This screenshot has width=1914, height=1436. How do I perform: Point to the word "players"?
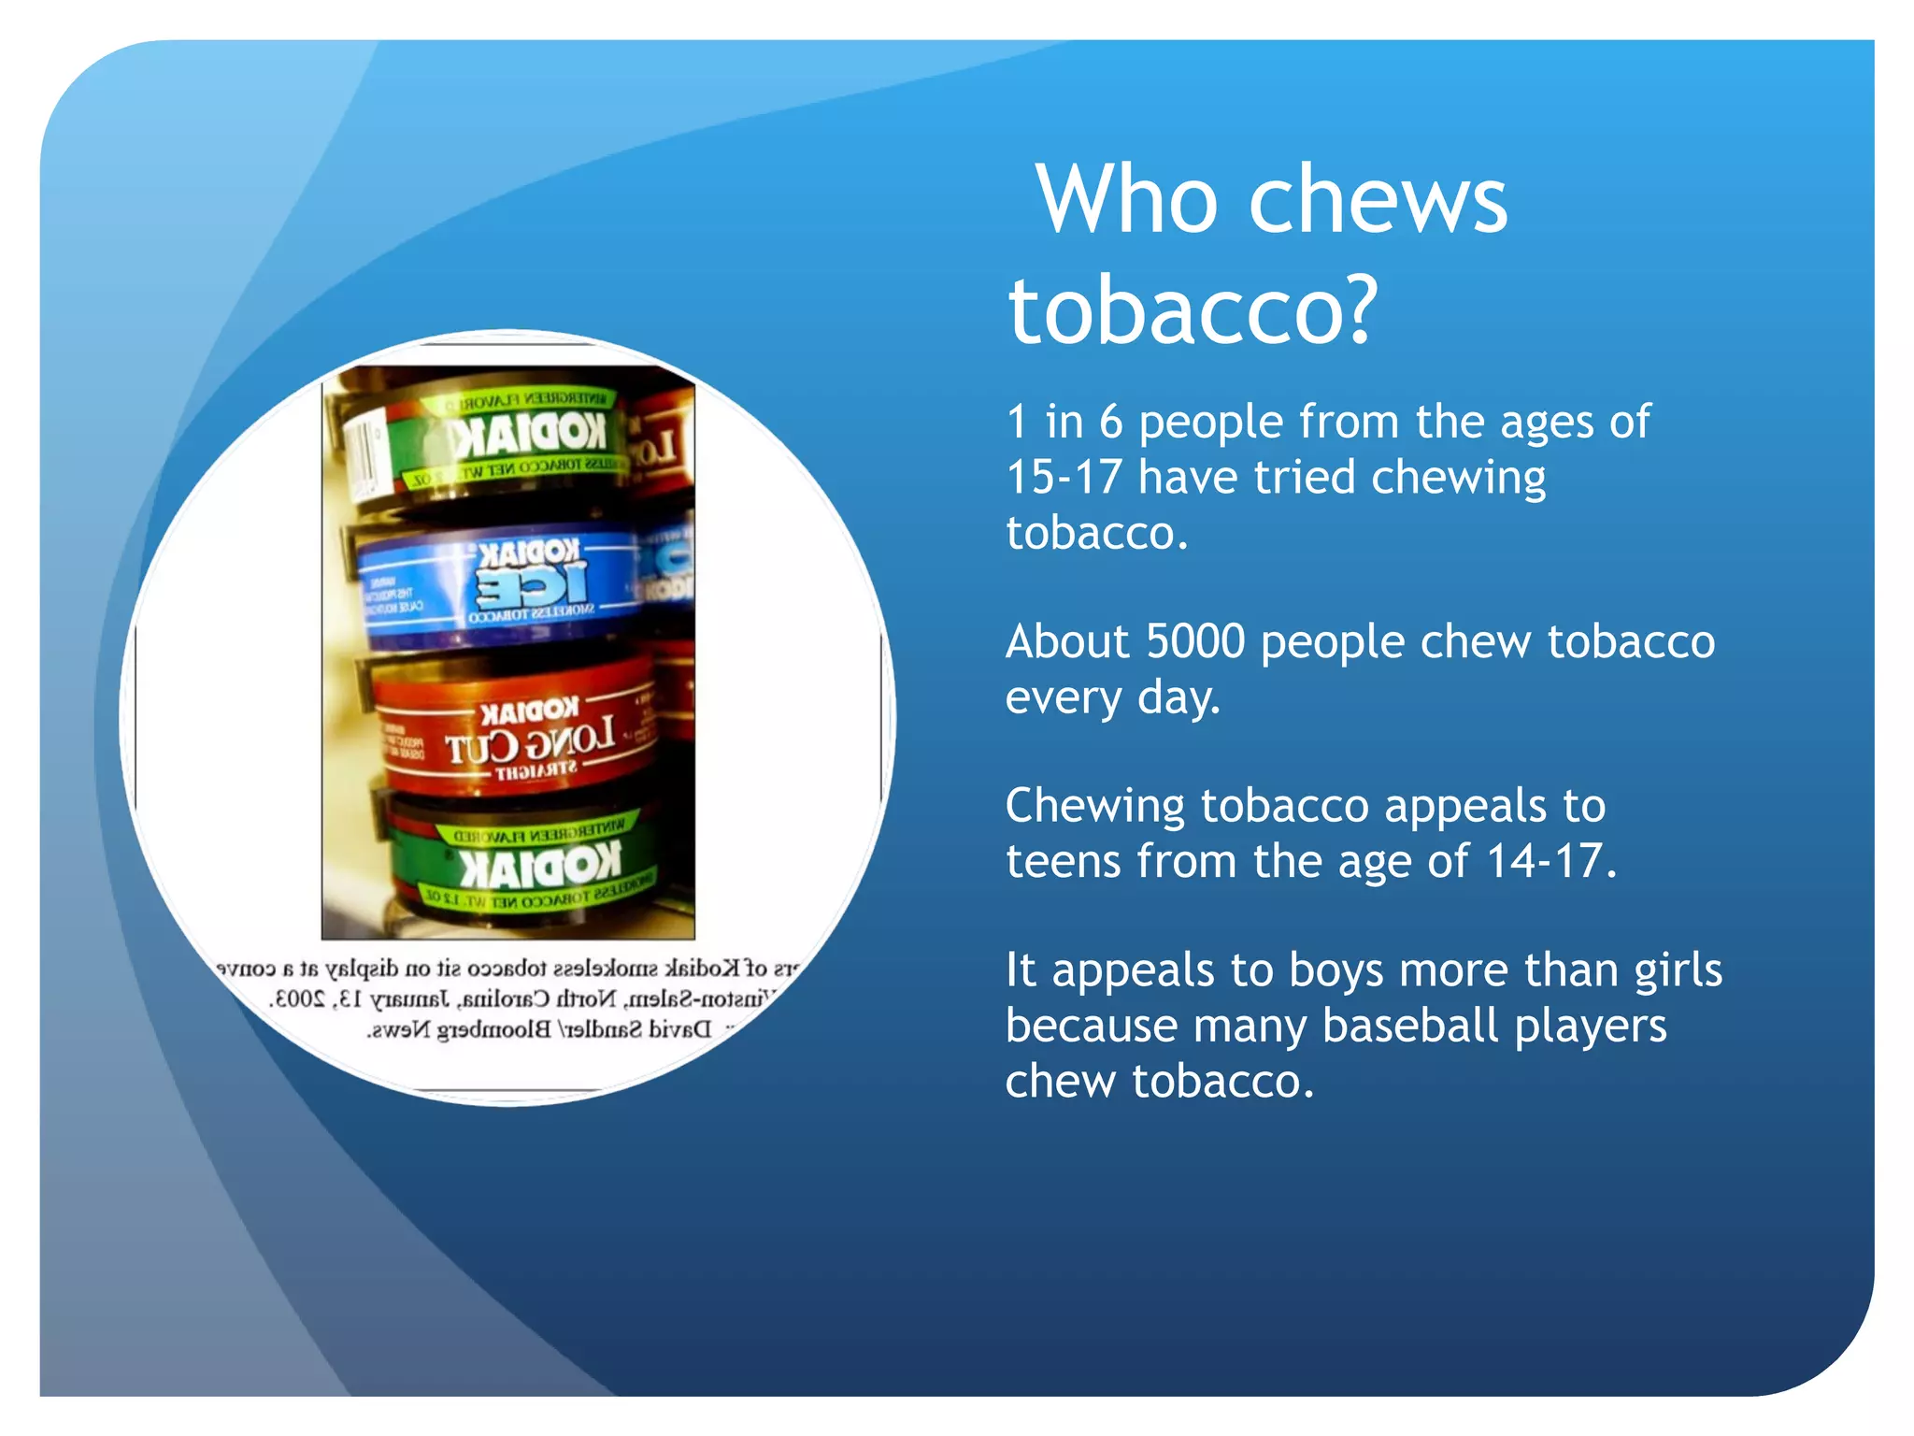coord(1590,1026)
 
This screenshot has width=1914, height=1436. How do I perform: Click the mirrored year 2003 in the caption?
coord(297,999)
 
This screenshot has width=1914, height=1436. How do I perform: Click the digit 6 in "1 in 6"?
coord(1110,423)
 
